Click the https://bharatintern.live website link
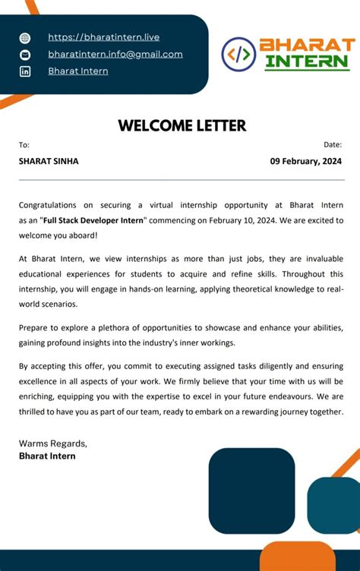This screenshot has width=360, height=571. (103, 37)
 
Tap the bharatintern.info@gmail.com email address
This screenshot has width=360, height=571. (115, 54)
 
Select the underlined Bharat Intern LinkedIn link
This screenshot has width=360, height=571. (77, 71)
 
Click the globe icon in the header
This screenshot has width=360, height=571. (25, 38)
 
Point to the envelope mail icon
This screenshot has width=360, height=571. (25, 55)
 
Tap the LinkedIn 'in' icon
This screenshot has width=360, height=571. (25, 71)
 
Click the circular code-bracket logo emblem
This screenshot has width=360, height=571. (238, 54)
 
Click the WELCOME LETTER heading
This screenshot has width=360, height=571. (182, 126)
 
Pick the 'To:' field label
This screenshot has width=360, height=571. (24, 144)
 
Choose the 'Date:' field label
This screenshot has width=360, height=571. (333, 144)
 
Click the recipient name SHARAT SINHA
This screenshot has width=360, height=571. (49, 161)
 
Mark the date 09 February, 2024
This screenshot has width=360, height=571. (306, 161)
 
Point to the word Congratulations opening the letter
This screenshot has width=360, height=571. (47, 205)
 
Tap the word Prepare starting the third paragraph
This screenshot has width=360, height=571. (36, 327)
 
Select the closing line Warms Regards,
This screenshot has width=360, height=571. (52, 443)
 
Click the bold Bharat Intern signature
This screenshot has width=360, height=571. (47, 456)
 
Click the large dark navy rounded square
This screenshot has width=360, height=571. (251, 490)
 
